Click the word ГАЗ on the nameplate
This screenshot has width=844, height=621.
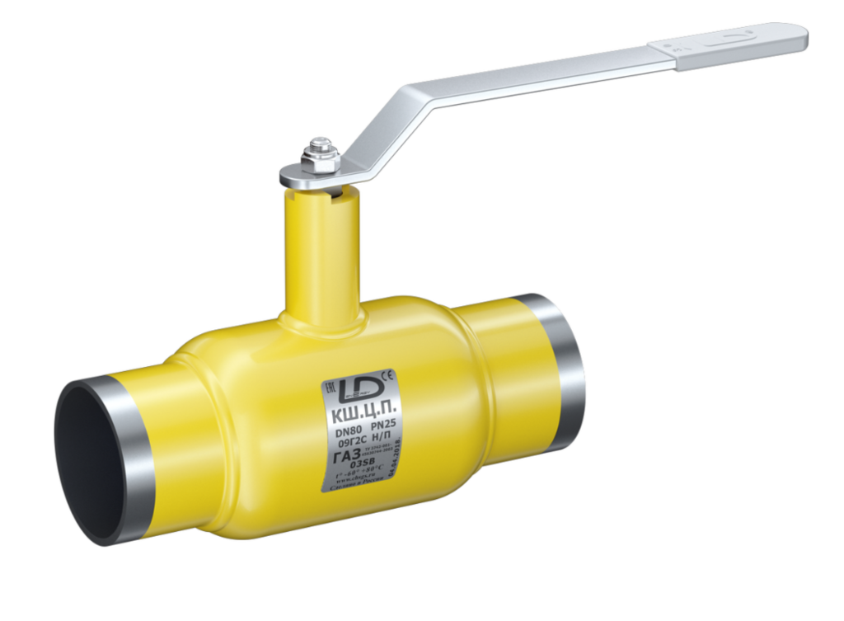341,456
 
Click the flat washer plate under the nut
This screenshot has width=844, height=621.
297,175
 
